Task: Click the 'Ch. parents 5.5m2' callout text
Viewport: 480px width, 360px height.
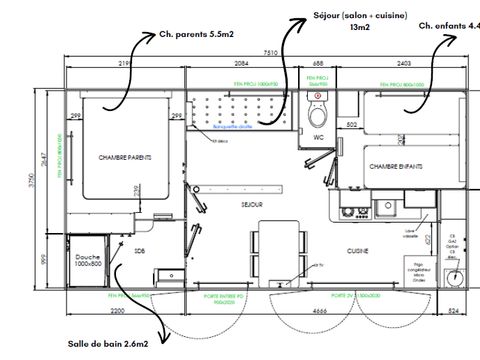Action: (195, 33)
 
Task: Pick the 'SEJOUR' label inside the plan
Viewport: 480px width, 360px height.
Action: (252, 204)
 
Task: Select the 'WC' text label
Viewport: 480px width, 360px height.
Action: (319, 136)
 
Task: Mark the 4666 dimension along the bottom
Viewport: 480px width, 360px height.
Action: (298, 313)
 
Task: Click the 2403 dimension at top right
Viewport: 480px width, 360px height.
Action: (410, 63)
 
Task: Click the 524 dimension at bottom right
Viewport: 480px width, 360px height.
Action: (454, 313)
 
